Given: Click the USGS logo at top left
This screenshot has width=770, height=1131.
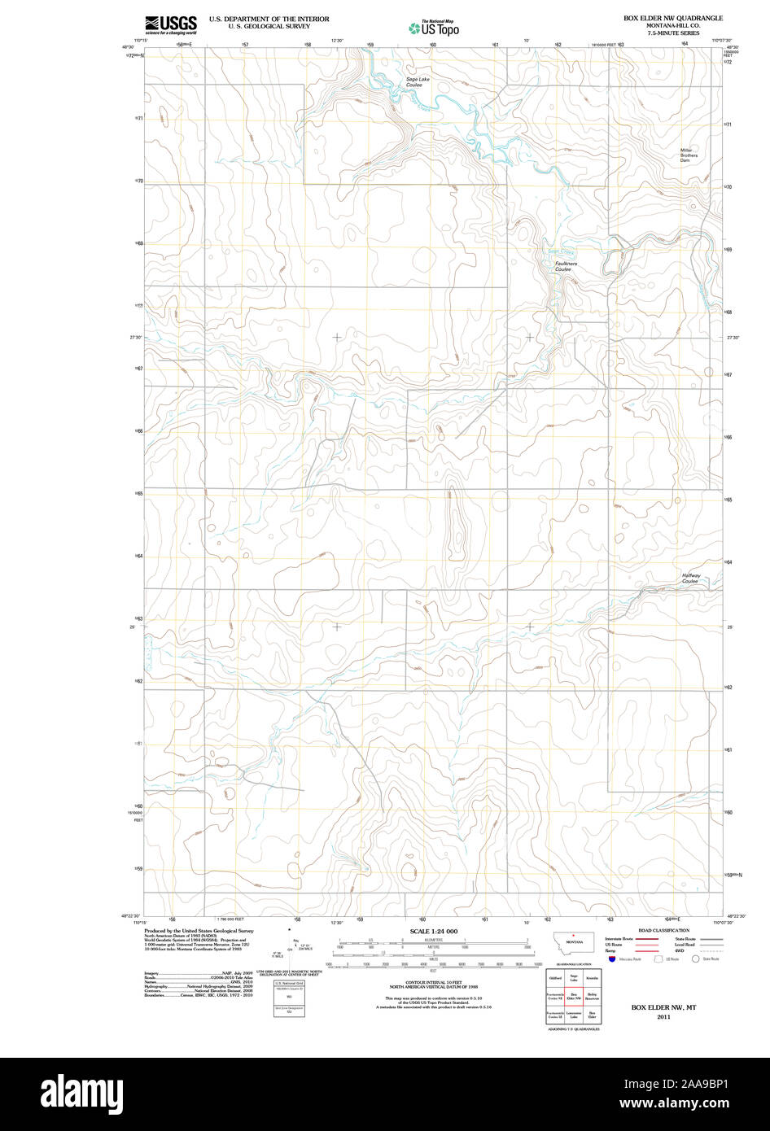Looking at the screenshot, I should click(170, 24).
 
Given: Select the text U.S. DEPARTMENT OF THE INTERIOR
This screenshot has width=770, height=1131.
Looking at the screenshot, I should click(269, 18).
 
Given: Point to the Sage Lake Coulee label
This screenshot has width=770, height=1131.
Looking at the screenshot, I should click(418, 81).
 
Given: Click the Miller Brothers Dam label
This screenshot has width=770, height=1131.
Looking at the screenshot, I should click(689, 155).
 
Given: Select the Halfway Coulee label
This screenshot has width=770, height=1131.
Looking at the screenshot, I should click(690, 579).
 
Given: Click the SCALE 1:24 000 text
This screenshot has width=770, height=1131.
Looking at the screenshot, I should click(433, 931).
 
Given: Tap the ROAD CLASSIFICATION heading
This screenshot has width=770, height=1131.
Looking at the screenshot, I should click(663, 930).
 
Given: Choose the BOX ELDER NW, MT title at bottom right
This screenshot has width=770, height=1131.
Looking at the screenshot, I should click(663, 1007).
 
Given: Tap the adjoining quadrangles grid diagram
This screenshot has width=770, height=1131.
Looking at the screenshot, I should click(574, 997).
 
